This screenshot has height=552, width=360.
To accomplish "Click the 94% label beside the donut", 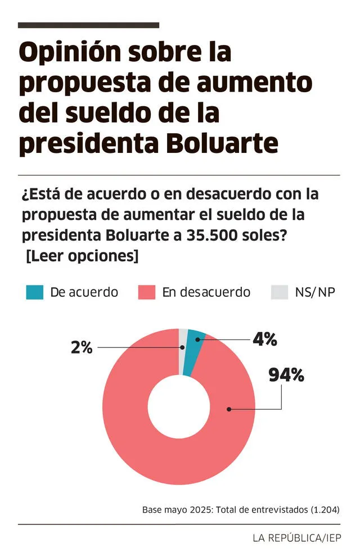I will tap(286, 375).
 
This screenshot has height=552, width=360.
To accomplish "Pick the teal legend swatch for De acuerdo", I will tap(34, 292).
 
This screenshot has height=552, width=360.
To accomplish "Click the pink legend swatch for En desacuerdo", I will tap(146, 292).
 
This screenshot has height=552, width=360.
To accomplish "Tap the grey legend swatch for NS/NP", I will tap(279, 292).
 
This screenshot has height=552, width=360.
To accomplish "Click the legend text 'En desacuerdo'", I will tap(206, 292).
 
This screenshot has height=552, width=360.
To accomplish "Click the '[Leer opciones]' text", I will tap(82, 255).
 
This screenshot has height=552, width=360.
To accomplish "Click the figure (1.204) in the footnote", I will tap(325, 510).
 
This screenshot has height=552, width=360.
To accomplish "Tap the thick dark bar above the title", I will tap(88, 25).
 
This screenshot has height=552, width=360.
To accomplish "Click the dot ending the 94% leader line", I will tap(229, 409).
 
